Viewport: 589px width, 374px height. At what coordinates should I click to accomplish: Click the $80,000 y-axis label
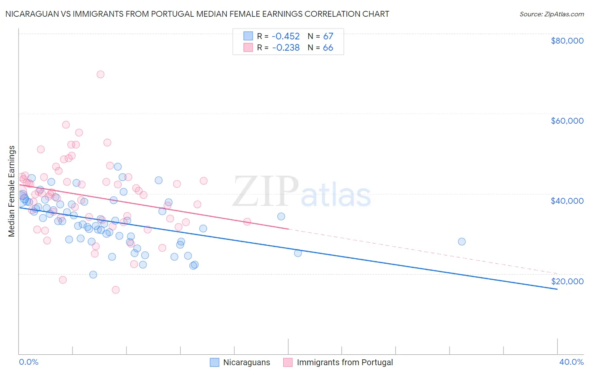click(x=567, y=41)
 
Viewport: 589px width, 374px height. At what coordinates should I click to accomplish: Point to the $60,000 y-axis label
click(x=567, y=121)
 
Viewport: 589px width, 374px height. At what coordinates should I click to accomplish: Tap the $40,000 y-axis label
click(x=567, y=201)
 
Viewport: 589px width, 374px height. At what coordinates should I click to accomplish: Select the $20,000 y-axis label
click(x=567, y=281)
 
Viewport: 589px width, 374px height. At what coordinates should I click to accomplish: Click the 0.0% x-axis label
click(x=28, y=362)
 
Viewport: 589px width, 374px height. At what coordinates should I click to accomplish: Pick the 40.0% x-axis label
click(x=571, y=362)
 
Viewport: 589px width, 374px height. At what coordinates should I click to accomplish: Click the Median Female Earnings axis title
click(x=12, y=191)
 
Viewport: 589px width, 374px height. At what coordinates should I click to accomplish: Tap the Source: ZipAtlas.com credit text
click(x=551, y=14)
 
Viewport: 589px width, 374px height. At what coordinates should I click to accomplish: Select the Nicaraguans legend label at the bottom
click(x=246, y=362)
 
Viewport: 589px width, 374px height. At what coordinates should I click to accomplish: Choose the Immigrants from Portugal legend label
click(x=345, y=362)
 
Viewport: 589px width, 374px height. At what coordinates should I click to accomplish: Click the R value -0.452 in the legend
click(x=286, y=36)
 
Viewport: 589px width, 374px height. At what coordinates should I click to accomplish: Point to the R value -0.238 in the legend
click(x=286, y=47)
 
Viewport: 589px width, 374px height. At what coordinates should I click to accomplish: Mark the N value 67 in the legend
click(x=328, y=36)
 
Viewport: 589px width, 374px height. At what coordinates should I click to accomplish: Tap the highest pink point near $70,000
click(x=101, y=74)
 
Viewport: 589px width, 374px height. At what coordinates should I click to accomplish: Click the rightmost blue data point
click(x=462, y=242)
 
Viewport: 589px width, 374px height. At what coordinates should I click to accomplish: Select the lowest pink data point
click(x=116, y=290)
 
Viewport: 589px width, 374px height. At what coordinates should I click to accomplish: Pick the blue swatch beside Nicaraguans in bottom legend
click(x=214, y=362)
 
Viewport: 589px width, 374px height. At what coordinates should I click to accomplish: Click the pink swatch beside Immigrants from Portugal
click(x=288, y=362)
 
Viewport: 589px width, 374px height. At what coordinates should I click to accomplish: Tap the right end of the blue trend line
click(x=557, y=289)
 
